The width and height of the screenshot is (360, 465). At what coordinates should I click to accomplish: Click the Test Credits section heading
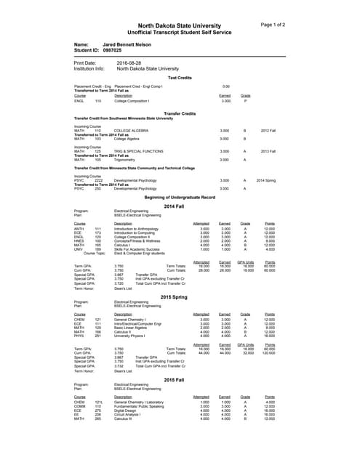(180, 77)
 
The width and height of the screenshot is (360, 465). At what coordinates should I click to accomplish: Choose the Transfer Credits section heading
(180, 113)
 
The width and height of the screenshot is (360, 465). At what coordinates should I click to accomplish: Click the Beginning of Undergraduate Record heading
(180, 198)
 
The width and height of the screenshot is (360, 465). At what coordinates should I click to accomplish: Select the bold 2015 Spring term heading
(175, 297)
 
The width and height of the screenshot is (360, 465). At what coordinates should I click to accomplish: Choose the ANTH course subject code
(79, 228)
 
